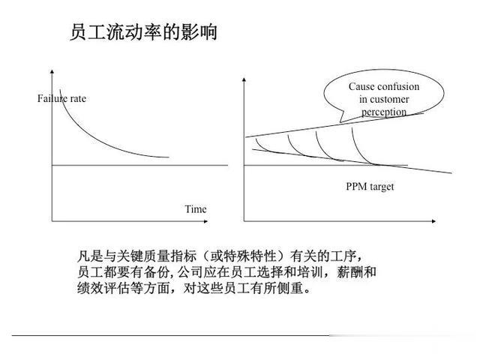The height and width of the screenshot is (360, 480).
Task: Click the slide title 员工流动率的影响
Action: click(x=143, y=32)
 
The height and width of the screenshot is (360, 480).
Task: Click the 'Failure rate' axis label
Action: click(x=61, y=98)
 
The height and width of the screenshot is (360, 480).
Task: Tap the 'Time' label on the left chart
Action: click(x=196, y=209)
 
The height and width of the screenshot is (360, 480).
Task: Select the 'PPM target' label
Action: click(x=370, y=187)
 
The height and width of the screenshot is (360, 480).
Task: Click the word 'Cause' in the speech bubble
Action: click(x=361, y=86)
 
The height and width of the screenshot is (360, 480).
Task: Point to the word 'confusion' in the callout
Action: click(x=398, y=86)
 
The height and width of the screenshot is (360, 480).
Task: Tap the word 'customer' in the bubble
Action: click(x=389, y=99)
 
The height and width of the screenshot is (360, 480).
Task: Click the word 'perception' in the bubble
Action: click(x=384, y=112)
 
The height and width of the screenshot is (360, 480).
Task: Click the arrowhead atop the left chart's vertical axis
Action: click(x=52, y=72)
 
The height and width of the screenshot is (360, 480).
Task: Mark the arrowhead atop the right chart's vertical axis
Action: click(x=244, y=79)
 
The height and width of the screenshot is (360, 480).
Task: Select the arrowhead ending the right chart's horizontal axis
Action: click(x=433, y=221)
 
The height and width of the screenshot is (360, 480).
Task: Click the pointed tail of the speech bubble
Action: click(x=340, y=121)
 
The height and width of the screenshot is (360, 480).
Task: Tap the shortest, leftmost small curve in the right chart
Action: click(x=261, y=146)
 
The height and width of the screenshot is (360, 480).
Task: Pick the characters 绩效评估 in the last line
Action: click(x=103, y=288)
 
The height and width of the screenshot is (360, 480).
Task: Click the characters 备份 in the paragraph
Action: click(x=157, y=271)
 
